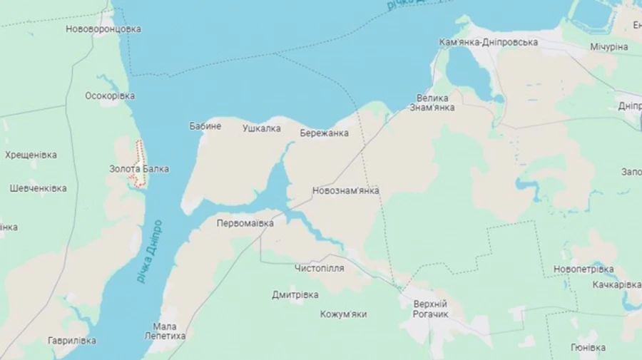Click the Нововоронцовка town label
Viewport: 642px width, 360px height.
(x=103, y=29)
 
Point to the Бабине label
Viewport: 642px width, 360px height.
(x=205, y=126)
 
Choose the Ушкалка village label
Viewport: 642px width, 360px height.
(x=261, y=128)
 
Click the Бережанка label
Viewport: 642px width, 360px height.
(x=324, y=133)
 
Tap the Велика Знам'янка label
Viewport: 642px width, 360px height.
(x=432, y=103)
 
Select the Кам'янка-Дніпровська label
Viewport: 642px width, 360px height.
(x=488, y=42)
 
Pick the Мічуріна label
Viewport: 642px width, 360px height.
(x=608, y=46)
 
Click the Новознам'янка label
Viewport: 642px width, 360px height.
(x=345, y=191)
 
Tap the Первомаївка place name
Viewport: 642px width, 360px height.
(x=245, y=223)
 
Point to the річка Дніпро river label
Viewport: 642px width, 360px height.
(x=150, y=251)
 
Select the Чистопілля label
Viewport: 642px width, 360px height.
(x=319, y=268)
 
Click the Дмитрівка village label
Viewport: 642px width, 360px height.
(x=295, y=294)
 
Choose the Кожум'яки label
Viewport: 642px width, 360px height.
(x=343, y=314)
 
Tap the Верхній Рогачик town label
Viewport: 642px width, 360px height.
(x=430, y=309)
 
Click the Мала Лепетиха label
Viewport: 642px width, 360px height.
(x=165, y=331)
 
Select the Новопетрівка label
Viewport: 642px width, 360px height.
(x=583, y=269)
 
